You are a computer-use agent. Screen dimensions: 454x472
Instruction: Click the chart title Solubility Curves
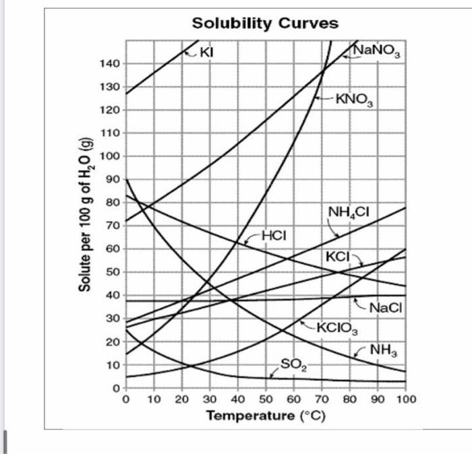(x=265, y=23)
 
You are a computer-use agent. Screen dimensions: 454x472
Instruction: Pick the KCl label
(x=338, y=257)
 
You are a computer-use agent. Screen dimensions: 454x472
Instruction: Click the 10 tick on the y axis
(x=113, y=365)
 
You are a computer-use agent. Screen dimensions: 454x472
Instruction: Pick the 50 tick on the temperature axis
(x=266, y=399)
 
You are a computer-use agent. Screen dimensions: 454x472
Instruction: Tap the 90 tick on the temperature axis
(x=378, y=399)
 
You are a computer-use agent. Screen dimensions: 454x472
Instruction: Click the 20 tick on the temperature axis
(x=182, y=399)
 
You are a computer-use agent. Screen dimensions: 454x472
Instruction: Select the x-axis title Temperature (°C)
(x=266, y=415)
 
